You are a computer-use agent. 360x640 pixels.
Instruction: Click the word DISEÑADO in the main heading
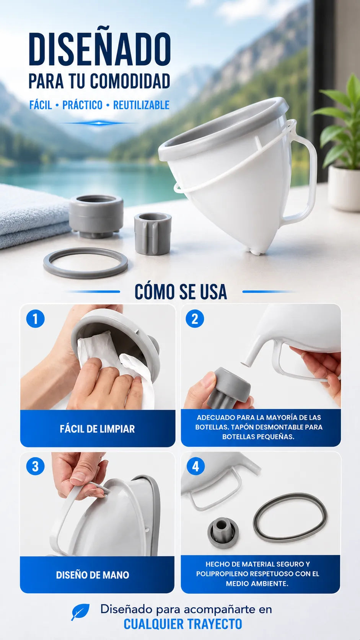click(99, 49)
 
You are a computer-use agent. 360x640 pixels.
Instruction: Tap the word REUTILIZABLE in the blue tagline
click(141, 105)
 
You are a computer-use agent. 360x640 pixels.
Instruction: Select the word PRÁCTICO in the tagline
click(82, 105)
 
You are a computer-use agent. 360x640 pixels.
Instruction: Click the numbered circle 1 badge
click(36, 319)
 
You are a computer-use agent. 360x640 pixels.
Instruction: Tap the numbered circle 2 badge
click(195, 319)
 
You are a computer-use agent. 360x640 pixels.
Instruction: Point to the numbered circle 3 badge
click(36, 467)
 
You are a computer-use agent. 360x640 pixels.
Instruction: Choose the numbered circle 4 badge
click(195, 467)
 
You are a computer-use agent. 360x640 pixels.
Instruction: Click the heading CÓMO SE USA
click(181, 292)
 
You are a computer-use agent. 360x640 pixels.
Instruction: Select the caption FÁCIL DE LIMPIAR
click(97, 429)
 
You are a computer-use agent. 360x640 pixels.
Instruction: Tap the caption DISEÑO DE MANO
click(93, 575)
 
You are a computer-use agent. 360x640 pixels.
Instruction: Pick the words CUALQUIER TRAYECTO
click(183, 624)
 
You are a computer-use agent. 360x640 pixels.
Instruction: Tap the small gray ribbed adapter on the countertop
click(153, 234)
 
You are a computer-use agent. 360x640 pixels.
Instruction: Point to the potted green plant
click(340, 143)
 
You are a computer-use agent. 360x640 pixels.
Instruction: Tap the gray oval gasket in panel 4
click(290, 517)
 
